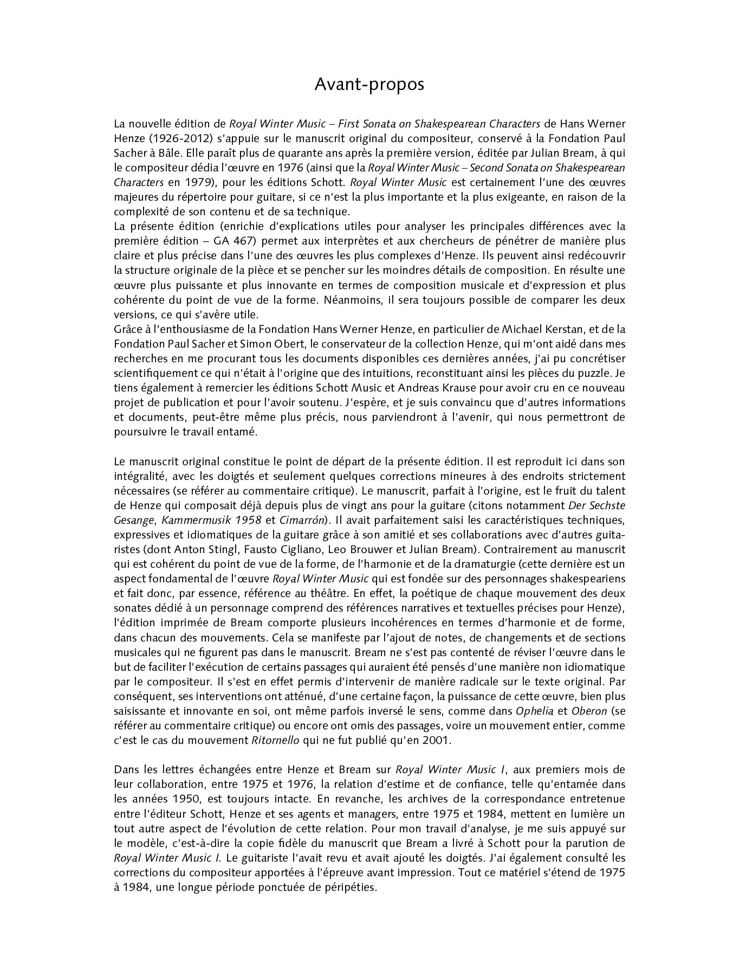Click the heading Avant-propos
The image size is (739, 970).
pyautogui.click(x=369, y=85)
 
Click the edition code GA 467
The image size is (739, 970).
pyautogui.click(x=232, y=241)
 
